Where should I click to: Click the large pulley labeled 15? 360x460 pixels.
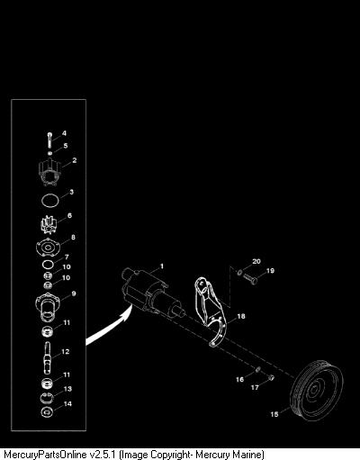[317, 391]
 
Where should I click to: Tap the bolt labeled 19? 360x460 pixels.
[251, 279]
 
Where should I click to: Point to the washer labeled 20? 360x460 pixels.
[239, 273]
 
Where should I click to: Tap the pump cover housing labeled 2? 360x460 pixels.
[49, 173]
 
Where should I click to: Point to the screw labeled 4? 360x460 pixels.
[49, 140]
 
